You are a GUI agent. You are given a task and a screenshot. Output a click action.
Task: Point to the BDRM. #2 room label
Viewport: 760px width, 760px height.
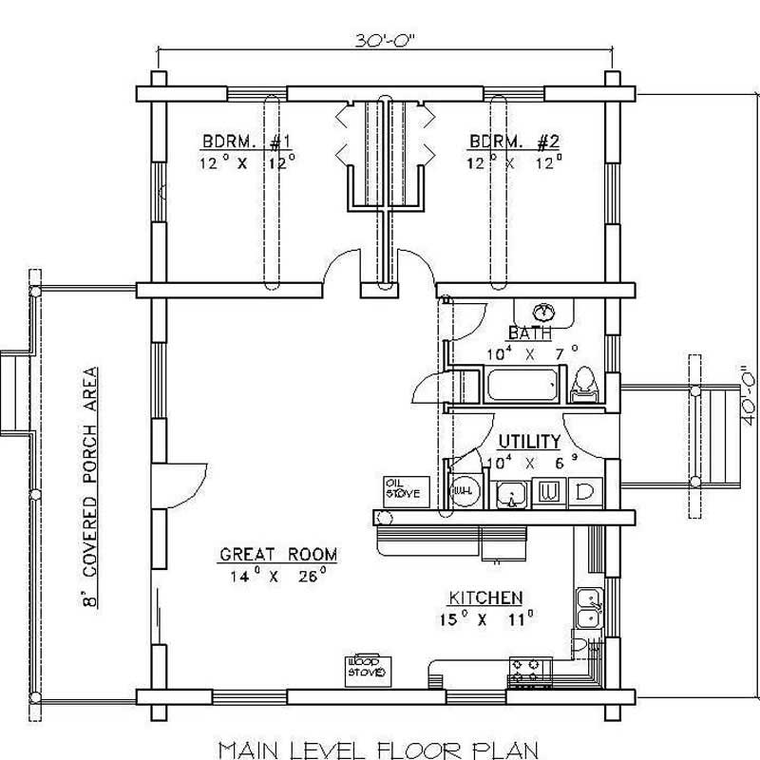click(514, 142)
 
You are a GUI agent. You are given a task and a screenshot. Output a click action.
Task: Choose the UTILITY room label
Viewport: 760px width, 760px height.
click(529, 443)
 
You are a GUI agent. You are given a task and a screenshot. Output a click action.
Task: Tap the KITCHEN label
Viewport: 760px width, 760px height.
click(484, 598)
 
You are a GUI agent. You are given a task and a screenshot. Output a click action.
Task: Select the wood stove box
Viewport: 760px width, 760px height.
click(365, 667)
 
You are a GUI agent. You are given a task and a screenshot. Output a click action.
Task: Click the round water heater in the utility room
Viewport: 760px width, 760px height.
click(463, 491)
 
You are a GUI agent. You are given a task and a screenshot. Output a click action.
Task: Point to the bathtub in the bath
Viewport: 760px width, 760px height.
click(519, 388)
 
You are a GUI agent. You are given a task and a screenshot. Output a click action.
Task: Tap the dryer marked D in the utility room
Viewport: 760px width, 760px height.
click(584, 493)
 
